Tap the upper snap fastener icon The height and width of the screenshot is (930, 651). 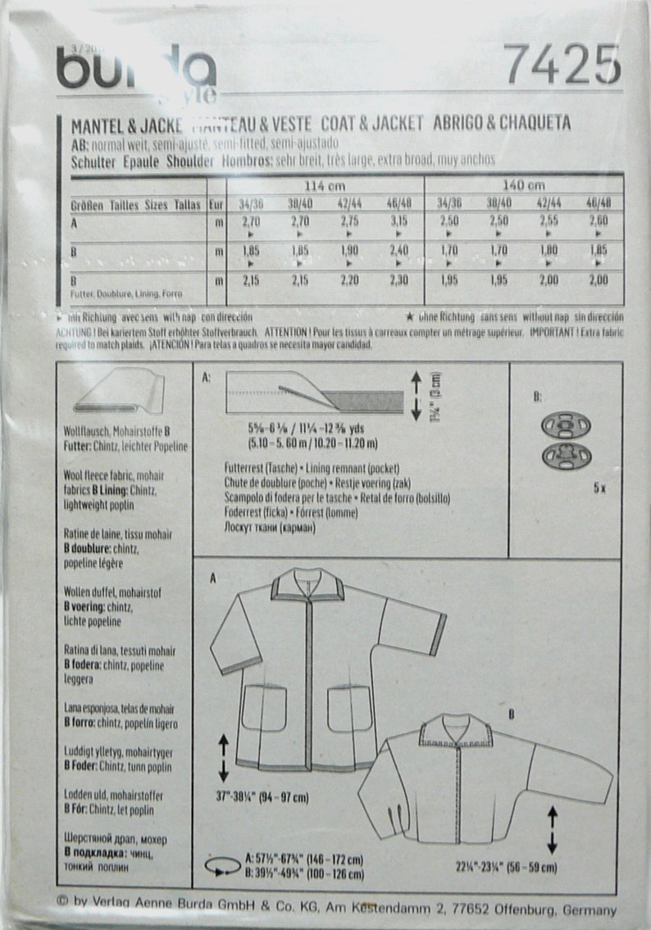pyautogui.click(x=566, y=426)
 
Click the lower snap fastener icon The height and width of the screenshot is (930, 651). pyautogui.click(x=566, y=456)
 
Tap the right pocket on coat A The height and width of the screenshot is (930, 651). pyautogui.click(x=350, y=708)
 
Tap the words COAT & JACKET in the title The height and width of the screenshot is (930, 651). pyautogui.click(x=372, y=123)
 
